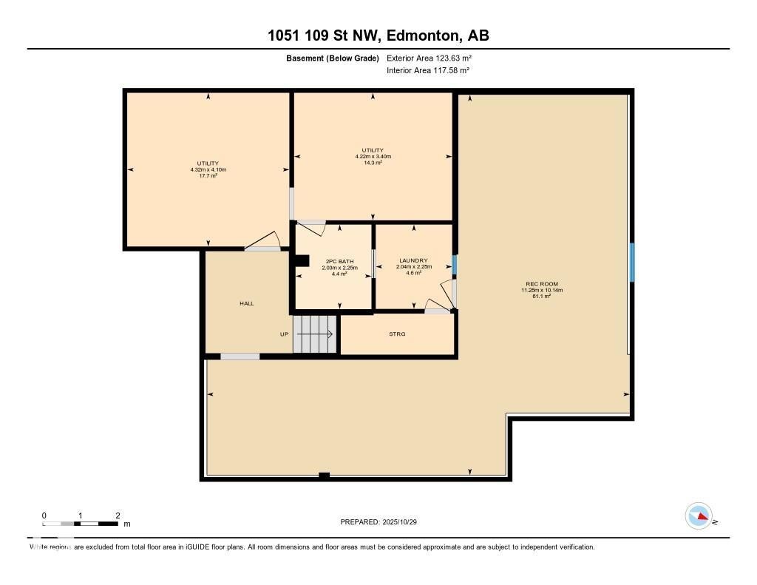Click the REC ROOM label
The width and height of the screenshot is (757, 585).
542,284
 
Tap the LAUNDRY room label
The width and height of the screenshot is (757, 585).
413,260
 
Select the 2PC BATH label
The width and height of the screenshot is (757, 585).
340,261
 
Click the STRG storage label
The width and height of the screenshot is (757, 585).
398,334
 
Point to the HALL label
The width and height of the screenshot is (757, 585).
246,303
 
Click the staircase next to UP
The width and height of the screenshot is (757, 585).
315,334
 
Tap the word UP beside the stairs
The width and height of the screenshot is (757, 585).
284,334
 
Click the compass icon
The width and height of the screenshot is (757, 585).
699,516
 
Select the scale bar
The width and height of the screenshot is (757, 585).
80,524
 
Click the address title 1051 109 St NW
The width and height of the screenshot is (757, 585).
378,35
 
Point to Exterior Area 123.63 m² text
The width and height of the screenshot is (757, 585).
429,58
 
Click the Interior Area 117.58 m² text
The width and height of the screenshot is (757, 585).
428,70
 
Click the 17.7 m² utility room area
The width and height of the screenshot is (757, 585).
208,176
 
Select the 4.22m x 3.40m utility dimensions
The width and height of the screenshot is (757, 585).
373,156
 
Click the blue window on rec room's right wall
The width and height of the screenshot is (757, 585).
631,263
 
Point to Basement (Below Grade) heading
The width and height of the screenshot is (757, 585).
333,58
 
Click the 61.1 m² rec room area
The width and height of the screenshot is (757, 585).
542,297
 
